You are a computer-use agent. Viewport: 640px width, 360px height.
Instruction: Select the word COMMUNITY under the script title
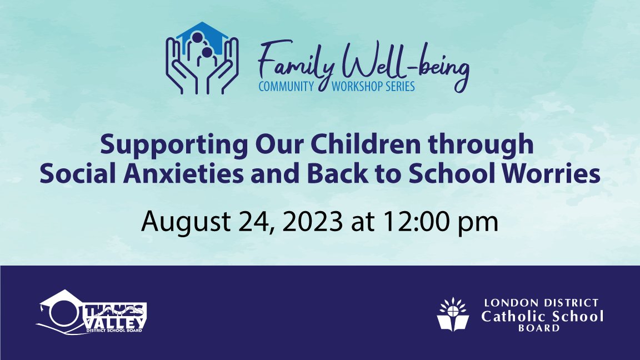point(287,87)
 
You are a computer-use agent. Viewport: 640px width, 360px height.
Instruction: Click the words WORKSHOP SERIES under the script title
point(373,87)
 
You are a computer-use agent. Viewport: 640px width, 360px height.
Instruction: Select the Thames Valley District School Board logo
point(92,312)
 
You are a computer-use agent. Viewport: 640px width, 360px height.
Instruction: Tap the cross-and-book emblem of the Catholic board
point(453,314)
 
